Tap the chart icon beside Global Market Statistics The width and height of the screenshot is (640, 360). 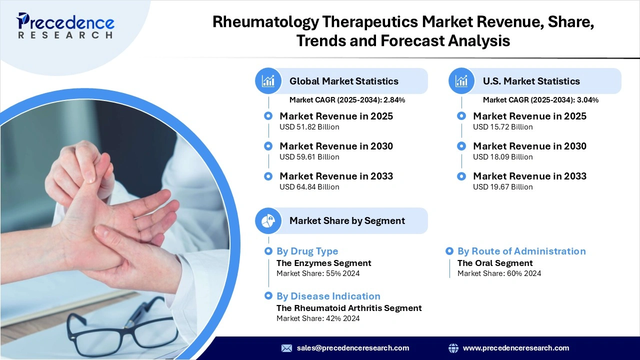(x=268, y=81)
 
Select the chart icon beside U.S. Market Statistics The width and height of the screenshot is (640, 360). (x=462, y=81)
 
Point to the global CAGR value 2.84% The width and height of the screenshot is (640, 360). (x=394, y=100)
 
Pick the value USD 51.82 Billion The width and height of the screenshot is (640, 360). (x=309, y=127)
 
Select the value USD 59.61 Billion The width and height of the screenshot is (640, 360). (x=309, y=157)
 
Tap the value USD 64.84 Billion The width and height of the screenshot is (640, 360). (x=309, y=187)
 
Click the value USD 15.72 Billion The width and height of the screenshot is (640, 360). (x=502, y=127)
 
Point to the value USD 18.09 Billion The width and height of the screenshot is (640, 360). (x=502, y=157)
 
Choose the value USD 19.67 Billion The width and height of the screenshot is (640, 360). (x=502, y=187)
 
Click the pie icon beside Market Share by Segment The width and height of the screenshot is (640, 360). (x=268, y=220)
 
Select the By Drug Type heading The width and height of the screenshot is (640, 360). (x=307, y=251)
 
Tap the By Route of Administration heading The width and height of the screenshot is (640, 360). (x=521, y=251)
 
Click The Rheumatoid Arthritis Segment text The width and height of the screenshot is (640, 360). (x=349, y=308)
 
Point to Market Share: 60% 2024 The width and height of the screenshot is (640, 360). (x=499, y=273)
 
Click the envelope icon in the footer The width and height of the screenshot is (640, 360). (x=286, y=348)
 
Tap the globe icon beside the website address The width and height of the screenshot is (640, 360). (x=453, y=348)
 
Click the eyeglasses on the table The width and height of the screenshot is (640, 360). (x=120, y=325)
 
